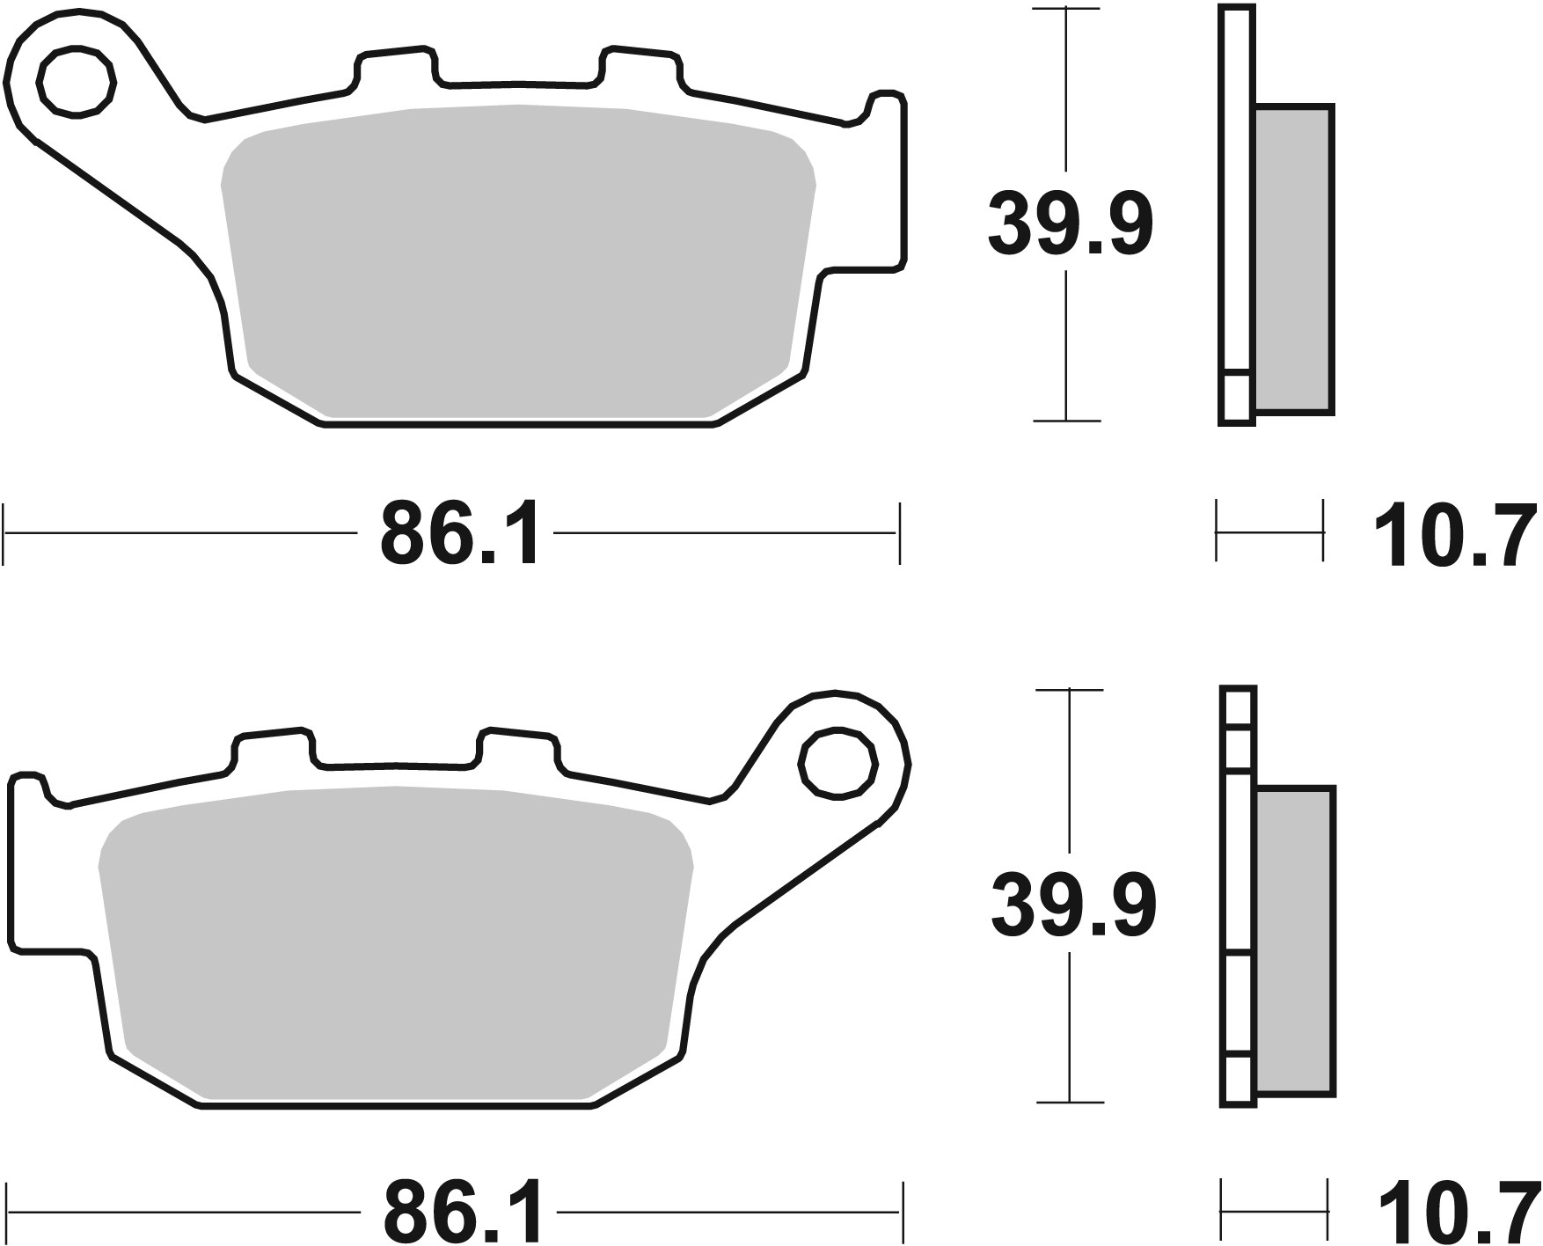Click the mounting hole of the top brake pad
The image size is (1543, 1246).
coord(77,83)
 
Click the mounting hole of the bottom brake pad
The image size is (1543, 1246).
coord(838,762)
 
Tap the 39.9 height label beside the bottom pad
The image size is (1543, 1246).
coord(1072,905)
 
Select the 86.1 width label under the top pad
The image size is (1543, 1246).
coord(459,534)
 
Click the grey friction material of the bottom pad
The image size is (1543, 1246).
coord(396,942)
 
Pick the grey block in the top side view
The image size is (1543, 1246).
coord(1293,260)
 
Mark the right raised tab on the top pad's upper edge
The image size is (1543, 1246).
coord(640,66)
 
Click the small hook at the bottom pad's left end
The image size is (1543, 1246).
coord(31,783)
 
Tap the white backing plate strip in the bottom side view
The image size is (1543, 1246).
coord(1238,898)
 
